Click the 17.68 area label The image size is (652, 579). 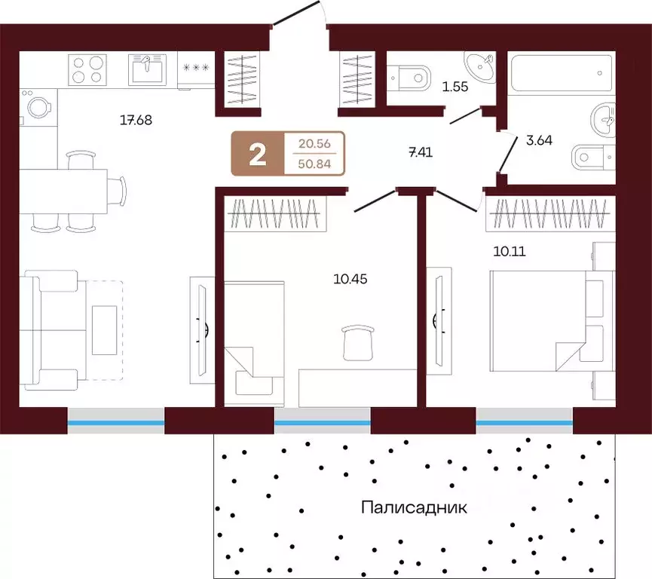136,120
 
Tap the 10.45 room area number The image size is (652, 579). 350,279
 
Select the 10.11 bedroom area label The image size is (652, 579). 510,251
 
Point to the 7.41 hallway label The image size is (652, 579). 421,152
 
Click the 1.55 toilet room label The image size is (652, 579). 455,87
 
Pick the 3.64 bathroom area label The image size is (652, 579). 539,140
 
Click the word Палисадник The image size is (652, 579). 414,507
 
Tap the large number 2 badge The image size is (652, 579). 258,155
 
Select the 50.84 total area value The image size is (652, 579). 314,164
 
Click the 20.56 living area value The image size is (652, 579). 314,143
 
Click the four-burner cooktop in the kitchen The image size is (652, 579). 87,70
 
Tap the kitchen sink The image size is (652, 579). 147,69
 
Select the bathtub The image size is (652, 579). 562,73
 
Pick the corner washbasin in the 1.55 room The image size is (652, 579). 481,66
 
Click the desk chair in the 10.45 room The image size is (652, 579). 358,343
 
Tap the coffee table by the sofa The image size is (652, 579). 104,330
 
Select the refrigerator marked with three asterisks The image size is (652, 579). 196,70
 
